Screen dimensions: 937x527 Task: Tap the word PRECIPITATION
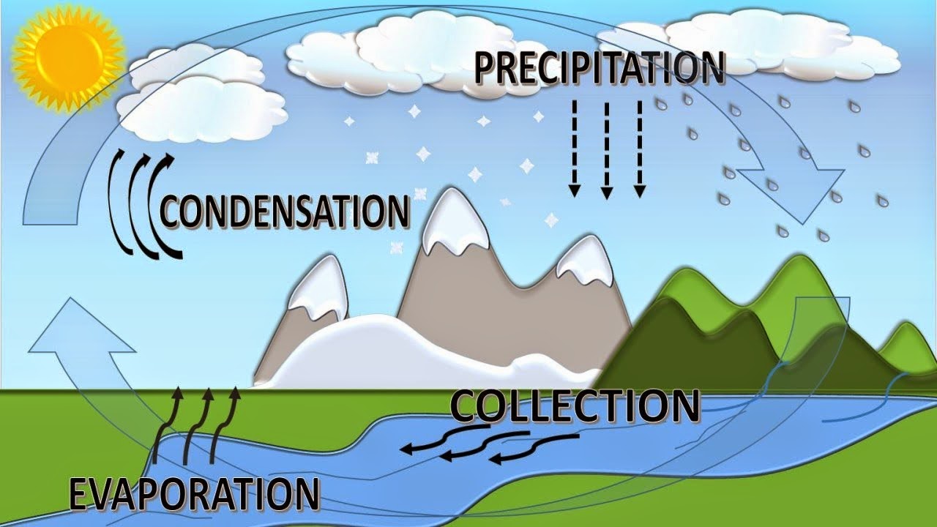point(599,67)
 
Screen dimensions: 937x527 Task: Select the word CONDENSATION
point(284,211)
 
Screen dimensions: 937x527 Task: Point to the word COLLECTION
point(575,407)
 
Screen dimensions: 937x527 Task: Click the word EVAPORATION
point(194,494)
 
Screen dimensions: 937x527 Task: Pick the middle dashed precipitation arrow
point(607,150)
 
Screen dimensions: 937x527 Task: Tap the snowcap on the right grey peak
point(586,262)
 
